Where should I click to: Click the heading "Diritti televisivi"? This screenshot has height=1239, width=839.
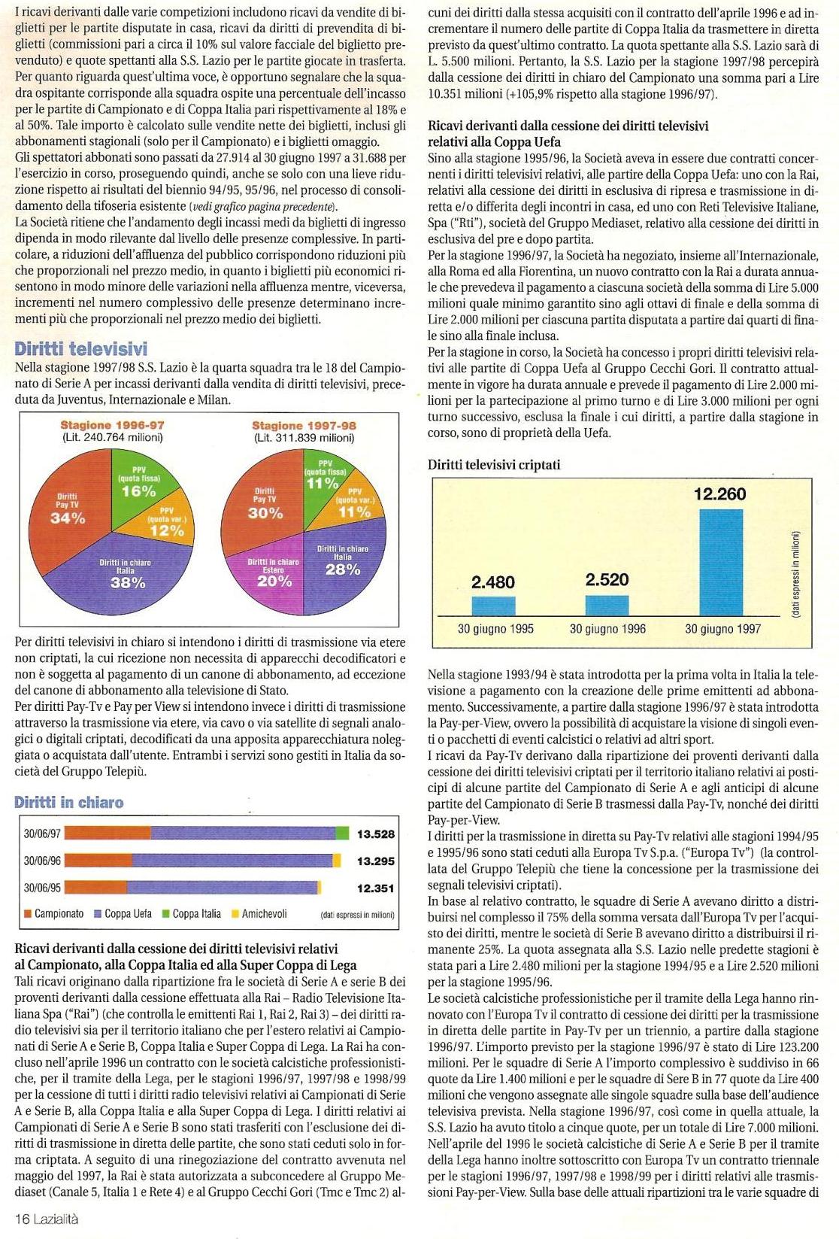(x=81, y=349)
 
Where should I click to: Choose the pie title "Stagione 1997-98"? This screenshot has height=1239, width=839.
(x=304, y=426)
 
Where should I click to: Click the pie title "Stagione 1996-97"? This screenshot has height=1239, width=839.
(x=112, y=426)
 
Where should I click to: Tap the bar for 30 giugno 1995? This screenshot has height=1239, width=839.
(x=493, y=606)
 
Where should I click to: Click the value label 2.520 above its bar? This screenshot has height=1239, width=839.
(x=607, y=579)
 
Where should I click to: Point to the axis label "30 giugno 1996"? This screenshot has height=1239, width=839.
(x=607, y=629)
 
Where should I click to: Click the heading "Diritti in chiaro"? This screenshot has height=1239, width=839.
(x=69, y=803)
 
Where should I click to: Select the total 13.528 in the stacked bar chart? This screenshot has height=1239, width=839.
(x=375, y=834)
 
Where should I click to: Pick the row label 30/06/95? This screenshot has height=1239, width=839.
(x=42, y=888)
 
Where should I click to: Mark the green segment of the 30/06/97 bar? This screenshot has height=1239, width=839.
(x=342, y=833)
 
